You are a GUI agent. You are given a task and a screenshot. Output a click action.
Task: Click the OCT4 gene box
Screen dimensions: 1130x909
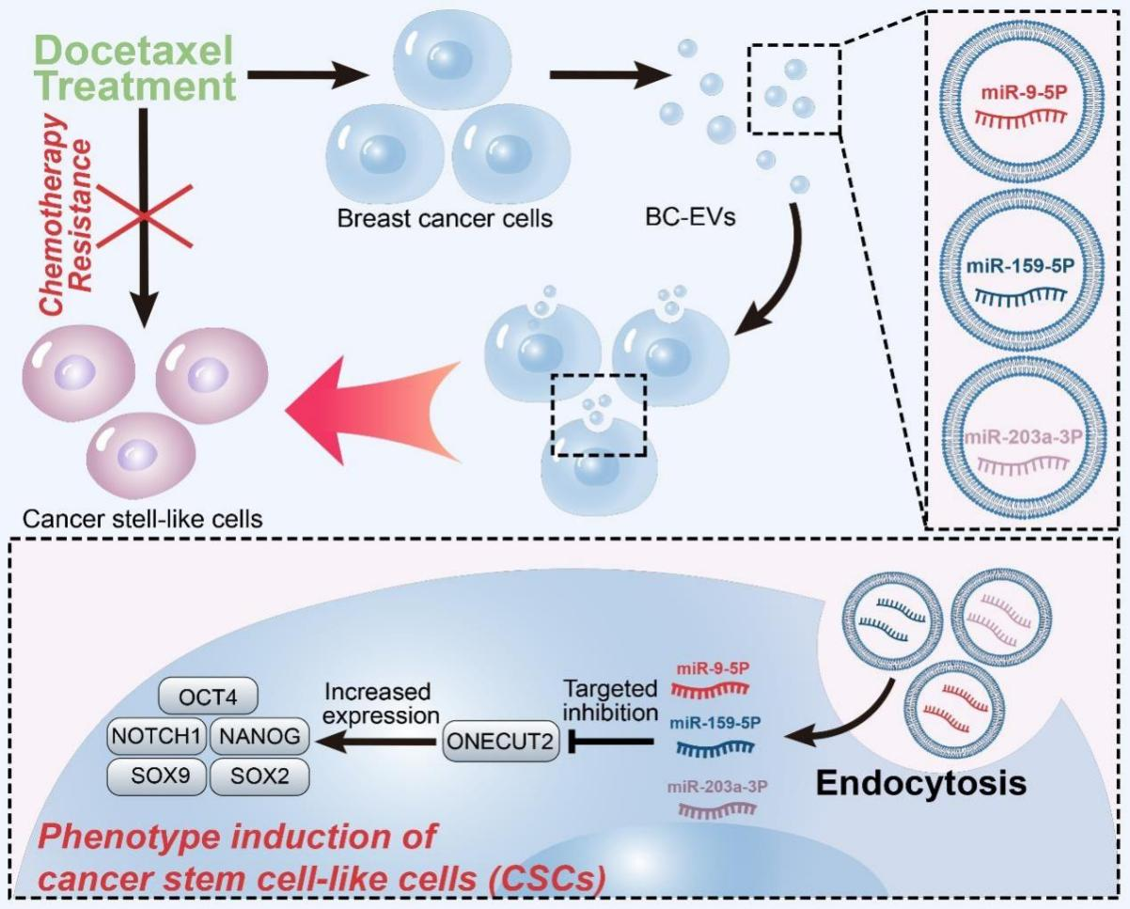point(208,697)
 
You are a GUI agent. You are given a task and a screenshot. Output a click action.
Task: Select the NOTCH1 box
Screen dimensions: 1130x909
point(157,737)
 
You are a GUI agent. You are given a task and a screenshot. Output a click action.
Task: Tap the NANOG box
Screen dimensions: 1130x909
point(259,737)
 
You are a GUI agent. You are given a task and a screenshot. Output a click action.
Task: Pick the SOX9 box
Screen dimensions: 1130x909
point(157,776)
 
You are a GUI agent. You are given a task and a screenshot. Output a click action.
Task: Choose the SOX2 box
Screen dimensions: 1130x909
point(259,776)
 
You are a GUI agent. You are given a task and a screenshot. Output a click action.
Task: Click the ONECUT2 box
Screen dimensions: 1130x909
point(501,742)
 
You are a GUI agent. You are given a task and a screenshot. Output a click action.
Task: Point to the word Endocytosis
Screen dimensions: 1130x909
point(921,783)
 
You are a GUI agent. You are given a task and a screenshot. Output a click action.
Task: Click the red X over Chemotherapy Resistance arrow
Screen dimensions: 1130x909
point(145,215)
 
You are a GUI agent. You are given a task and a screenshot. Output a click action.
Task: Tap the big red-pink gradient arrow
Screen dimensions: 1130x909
point(373,410)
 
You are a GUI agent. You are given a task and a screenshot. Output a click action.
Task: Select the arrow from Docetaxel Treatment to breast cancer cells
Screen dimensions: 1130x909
point(310,75)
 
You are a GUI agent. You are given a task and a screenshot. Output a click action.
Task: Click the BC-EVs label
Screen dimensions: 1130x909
point(690,217)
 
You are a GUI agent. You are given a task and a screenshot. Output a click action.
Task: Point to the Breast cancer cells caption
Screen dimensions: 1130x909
point(445,218)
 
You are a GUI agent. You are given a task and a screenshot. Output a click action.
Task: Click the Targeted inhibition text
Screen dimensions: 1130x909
point(611,700)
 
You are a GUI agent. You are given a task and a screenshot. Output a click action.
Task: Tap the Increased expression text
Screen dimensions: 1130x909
point(382,704)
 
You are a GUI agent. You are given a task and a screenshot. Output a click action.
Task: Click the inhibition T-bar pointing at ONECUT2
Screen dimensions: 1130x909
point(611,742)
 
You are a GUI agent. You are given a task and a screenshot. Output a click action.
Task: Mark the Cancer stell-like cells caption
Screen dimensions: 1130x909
point(142,519)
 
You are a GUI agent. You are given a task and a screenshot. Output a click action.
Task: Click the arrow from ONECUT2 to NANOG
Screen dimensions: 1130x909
point(374,742)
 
